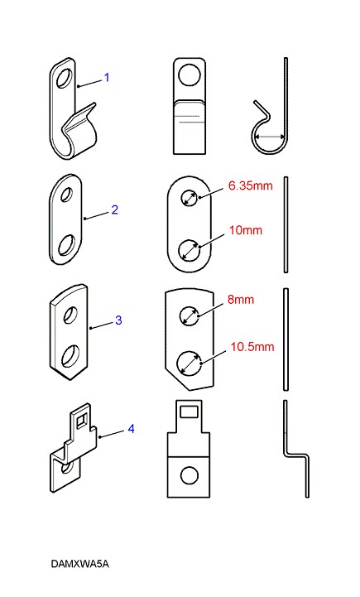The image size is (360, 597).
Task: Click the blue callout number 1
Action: pyautogui.click(x=107, y=77)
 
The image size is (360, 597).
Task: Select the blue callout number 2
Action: pyautogui.click(x=114, y=209)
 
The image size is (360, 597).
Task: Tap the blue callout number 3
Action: pyautogui.click(x=118, y=320)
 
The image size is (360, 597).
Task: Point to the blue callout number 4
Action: pyautogui.click(x=131, y=429)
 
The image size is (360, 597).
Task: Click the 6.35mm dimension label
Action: pyautogui.click(x=251, y=185)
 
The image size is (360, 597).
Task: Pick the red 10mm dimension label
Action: pyautogui.click(x=246, y=230)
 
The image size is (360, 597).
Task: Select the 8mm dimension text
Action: pyautogui.click(x=241, y=299)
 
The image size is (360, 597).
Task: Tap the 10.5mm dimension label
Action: pyautogui.click(x=252, y=347)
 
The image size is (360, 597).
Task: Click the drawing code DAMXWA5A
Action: pyautogui.click(x=79, y=564)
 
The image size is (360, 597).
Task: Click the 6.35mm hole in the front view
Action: pyautogui.click(x=190, y=198)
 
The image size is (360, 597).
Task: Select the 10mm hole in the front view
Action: pyautogui.click(x=190, y=251)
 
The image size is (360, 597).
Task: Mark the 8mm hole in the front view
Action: pyautogui.click(x=190, y=315)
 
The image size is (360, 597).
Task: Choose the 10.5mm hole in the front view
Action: pyautogui.click(x=190, y=363)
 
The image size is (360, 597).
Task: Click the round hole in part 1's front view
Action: pyautogui.click(x=190, y=75)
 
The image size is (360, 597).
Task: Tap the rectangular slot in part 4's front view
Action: pyautogui.click(x=189, y=412)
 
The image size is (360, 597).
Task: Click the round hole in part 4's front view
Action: pyautogui.click(x=190, y=476)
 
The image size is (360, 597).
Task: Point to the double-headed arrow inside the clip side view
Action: pyautogui.click(x=270, y=137)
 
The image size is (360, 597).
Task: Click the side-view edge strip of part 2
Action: pyautogui.click(x=286, y=224)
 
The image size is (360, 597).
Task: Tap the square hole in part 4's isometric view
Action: pyautogui.click(x=81, y=421)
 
